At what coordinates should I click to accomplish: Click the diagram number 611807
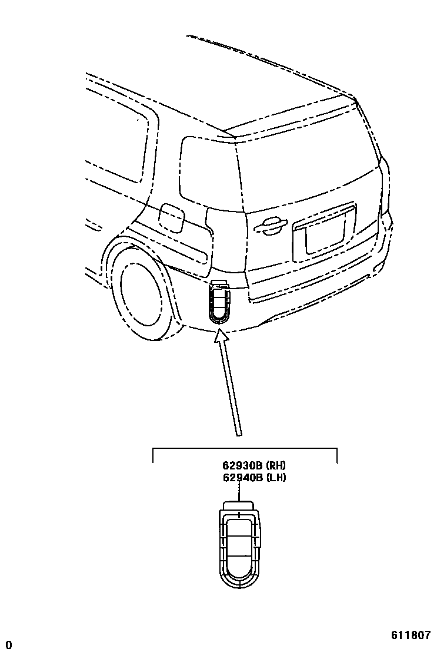[411, 636]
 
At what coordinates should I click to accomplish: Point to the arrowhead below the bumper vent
[221, 337]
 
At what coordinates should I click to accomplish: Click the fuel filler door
[172, 217]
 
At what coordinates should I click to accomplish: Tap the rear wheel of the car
[141, 295]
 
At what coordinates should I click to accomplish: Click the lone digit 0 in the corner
[9, 645]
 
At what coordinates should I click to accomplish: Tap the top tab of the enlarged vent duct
[239, 505]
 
